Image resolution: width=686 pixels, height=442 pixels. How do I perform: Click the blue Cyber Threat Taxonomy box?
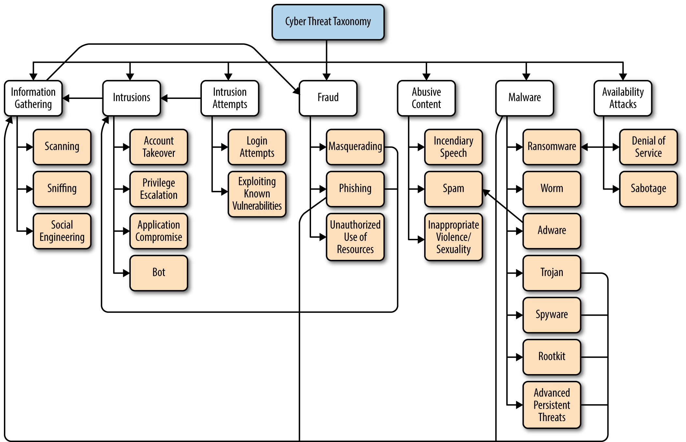328,22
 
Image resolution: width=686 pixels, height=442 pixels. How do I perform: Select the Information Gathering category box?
33,98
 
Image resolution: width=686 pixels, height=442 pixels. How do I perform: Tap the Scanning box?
62,147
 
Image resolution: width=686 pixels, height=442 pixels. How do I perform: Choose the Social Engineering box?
62,231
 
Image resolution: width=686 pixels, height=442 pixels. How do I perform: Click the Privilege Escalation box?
159,189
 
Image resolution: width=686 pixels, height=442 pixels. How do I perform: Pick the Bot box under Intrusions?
159,273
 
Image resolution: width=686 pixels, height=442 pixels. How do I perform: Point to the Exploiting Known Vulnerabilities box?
257,194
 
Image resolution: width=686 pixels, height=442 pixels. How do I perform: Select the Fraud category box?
328,98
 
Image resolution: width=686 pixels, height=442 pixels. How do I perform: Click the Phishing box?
355,189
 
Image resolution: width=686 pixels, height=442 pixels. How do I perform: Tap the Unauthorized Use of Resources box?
355,237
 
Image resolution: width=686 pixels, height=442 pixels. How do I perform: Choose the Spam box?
453,189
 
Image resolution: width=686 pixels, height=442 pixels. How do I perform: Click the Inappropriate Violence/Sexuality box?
453,237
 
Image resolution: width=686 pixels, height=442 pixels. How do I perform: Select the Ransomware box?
552,147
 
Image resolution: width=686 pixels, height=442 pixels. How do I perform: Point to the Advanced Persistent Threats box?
552,405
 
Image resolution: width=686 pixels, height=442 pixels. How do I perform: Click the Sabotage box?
648,189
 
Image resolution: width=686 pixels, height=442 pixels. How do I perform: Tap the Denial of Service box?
648,147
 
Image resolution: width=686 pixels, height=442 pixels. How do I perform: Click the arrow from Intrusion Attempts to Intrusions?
181,98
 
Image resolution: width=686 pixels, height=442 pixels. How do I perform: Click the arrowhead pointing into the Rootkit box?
519,357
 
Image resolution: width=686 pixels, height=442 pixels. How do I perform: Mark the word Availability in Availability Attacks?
623,92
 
